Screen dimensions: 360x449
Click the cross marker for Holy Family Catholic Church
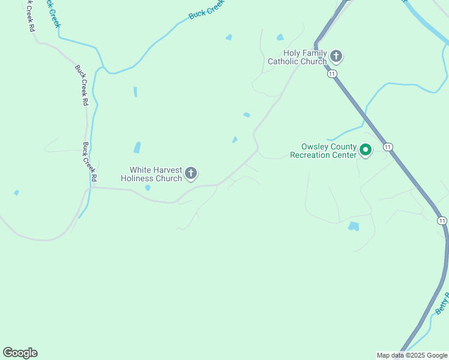coord(336,57)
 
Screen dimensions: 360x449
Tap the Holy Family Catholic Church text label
coord(298,57)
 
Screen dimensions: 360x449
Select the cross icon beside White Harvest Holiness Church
coord(191,174)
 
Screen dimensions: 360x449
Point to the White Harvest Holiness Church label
coord(151,174)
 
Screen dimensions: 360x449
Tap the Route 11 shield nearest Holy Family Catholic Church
coord(333,73)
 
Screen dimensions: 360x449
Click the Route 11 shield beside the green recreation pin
coord(388,147)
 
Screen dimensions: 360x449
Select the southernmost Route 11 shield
coord(442,221)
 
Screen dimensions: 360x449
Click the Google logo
coord(20,353)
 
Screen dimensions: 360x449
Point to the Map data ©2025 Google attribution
coord(412,355)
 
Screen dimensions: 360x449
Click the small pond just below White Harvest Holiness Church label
coord(148,188)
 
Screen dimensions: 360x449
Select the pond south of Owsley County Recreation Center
coord(354,226)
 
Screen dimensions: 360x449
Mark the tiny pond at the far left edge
coord(16,193)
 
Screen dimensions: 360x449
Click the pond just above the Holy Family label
coord(280,37)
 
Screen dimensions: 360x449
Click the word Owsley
coord(317,146)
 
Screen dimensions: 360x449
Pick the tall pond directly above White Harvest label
coord(137,147)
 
